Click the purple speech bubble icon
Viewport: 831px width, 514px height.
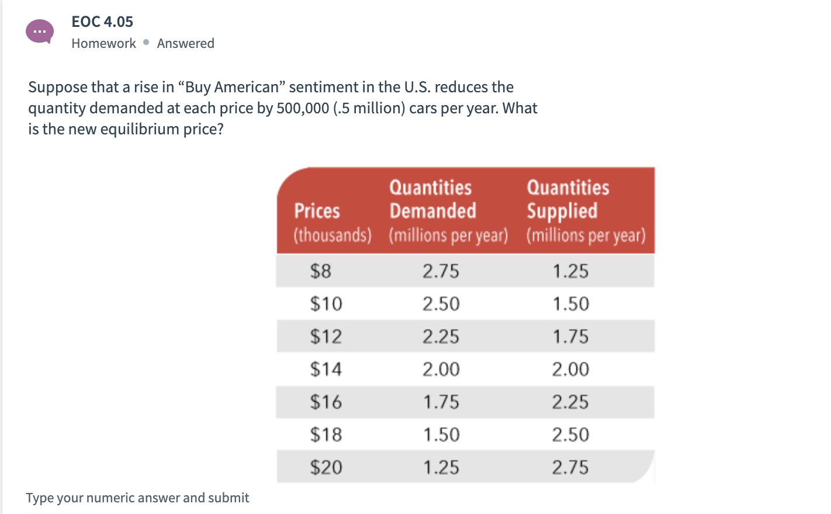click(x=40, y=31)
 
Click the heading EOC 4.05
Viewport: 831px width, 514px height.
click(x=102, y=22)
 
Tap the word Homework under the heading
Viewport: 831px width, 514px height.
click(x=103, y=43)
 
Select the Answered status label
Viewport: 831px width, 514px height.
click(x=185, y=43)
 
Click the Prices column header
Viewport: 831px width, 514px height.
click(x=317, y=211)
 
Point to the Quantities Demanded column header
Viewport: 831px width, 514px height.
click(x=432, y=199)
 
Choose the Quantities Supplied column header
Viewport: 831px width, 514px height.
click(x=568, y=199)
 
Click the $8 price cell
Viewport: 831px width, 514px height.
click(x=320, y=271)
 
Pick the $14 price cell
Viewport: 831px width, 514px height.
click(x=326, y=369)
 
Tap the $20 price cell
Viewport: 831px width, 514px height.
click(x=326, y=467)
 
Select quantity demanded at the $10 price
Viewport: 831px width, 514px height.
click(x=441, y=304)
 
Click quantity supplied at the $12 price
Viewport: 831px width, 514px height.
click(x=570, y=336)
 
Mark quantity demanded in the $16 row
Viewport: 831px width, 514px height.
click(x=441, y=402)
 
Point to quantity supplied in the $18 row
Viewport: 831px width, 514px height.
click(x=570, y=435)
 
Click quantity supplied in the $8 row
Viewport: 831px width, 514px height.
click(x=570, y=271)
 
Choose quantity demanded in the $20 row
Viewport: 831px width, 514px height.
click(x=441, y=467)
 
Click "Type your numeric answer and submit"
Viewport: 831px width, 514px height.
click(x=137, y=498)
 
